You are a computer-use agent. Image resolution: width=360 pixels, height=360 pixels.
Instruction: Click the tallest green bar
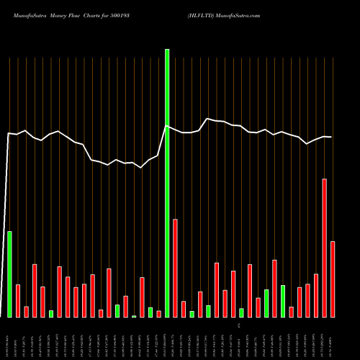tap(167, 184)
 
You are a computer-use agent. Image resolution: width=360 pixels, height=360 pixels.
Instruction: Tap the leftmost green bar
tap(10, 274)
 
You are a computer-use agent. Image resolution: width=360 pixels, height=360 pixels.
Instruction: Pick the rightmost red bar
tap(333, 279)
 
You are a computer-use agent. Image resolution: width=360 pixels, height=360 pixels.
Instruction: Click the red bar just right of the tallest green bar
tap(175, 268)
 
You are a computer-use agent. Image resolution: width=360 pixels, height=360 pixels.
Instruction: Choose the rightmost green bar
tap(283, 301)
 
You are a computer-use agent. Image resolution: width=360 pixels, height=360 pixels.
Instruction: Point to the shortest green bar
tap(134, 316)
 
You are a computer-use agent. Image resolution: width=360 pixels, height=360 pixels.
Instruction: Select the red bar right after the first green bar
tap(18, 300)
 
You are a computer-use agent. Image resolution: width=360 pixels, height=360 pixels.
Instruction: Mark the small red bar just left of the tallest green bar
tap(159, 313)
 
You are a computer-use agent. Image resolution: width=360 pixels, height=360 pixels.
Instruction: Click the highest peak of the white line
tap(208, 119)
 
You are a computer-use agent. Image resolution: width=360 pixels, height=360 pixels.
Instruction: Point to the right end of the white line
tap(331, 137)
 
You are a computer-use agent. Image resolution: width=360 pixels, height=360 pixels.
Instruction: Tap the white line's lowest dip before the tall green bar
tap(142, 167)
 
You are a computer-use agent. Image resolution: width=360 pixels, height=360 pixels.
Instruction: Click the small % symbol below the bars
tap(237, 326)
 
